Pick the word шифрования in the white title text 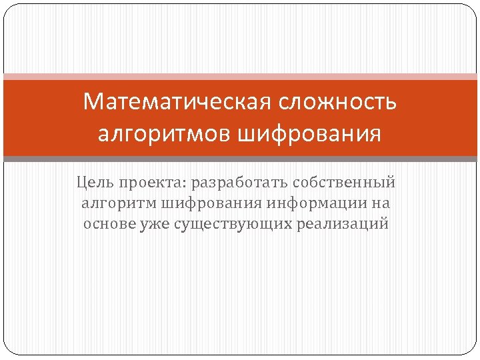[x=309, y=134]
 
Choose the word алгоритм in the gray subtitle [x=116, y=203]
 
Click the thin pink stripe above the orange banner [x=240, y=77]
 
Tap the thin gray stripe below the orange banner [x=240, y=159]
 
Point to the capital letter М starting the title [x=93, y=102]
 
